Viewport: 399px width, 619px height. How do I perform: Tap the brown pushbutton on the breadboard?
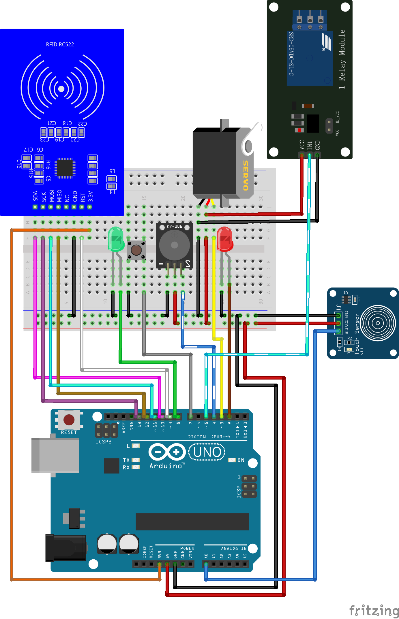[x=136, y=250]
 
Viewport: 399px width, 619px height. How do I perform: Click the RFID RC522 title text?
[x=60, y=44]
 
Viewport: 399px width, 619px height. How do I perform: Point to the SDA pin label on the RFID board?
[x=35, y=196]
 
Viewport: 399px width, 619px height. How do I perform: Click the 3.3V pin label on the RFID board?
[x=90, y=196]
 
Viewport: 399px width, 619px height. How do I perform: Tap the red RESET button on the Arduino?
[x=69, y=420]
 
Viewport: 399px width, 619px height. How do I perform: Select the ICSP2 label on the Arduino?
[x=103, y=441]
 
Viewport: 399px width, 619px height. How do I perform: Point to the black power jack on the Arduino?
[x=66, y=548]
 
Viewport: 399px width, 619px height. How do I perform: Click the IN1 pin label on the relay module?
[x=310, y=145]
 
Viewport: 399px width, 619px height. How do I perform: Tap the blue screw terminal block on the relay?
[x=310, y=20]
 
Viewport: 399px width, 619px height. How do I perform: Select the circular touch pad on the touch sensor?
[x=378, y=323]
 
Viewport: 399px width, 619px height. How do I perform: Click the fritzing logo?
[x=374, y=610]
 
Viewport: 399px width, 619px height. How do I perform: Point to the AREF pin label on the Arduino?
[x=124, y=427]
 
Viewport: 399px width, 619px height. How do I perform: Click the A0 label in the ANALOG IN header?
[x=206, y=556]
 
